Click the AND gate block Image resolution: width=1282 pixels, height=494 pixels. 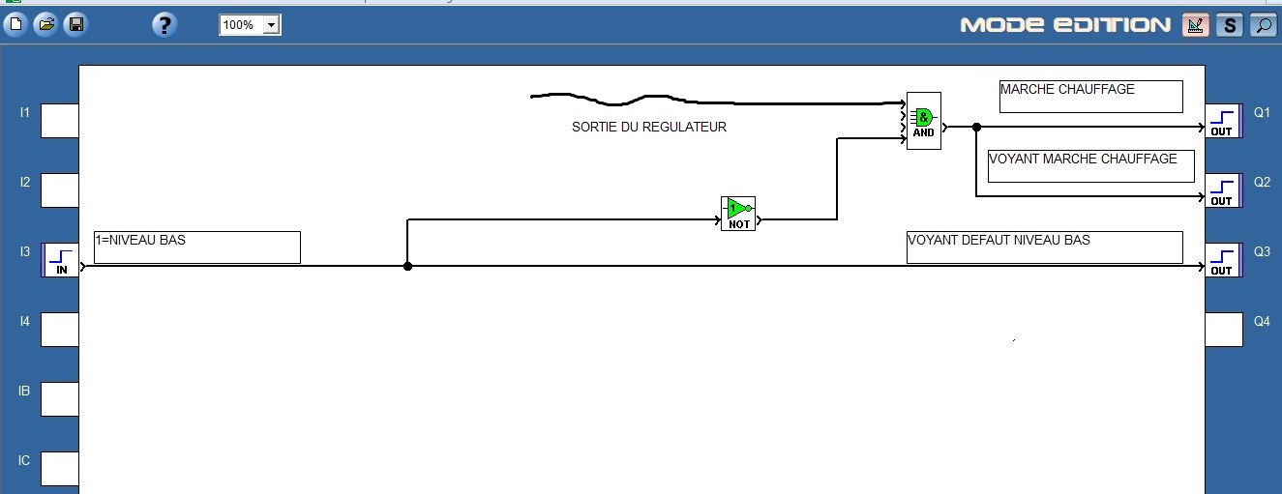pyautogui.click(x=923, y=121)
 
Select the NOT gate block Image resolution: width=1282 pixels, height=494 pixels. pyautogui.click(x=737, y=213)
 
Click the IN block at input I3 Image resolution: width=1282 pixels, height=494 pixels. pyautogui.click(x=60, y=260)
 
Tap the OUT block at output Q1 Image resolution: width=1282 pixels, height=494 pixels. pyautogui.click(x=1222, y=122)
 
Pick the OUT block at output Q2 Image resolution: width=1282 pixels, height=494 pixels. pyautogui.click(x=1222, y=190)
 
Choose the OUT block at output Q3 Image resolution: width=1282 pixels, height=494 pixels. pyautogui.click(x=1222, y=260)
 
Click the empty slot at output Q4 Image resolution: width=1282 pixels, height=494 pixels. pyautogui.click(x=1223, y=330)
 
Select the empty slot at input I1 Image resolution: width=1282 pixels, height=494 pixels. pyautogui.click(x=59, y=121)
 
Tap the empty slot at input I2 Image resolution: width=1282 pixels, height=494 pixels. pyautogui.click(x=59, y=190)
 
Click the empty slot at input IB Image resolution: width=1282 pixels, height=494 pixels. pyautogui.click(x=59, y=398)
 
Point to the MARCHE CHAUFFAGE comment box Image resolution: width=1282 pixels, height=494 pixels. pyautogui.click(x=1090, y=96)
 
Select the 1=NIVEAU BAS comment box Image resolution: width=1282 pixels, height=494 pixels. pyautogui.click(x=196, y=247)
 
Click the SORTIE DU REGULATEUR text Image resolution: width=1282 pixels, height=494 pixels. pyautogui.click(x=648, y=127)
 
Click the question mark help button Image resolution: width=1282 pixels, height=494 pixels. pyautogui.click(x=164, y=25)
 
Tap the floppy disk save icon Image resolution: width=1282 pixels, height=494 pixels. pyautogui.click(x=75, y=25)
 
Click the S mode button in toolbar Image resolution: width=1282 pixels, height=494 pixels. pyautogui.click(x=1229, y=25)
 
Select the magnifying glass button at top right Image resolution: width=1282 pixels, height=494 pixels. pyautogui.click(x=1263, y=25)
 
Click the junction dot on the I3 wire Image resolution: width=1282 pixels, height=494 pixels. pyautogui.click(x=407, y=266)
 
